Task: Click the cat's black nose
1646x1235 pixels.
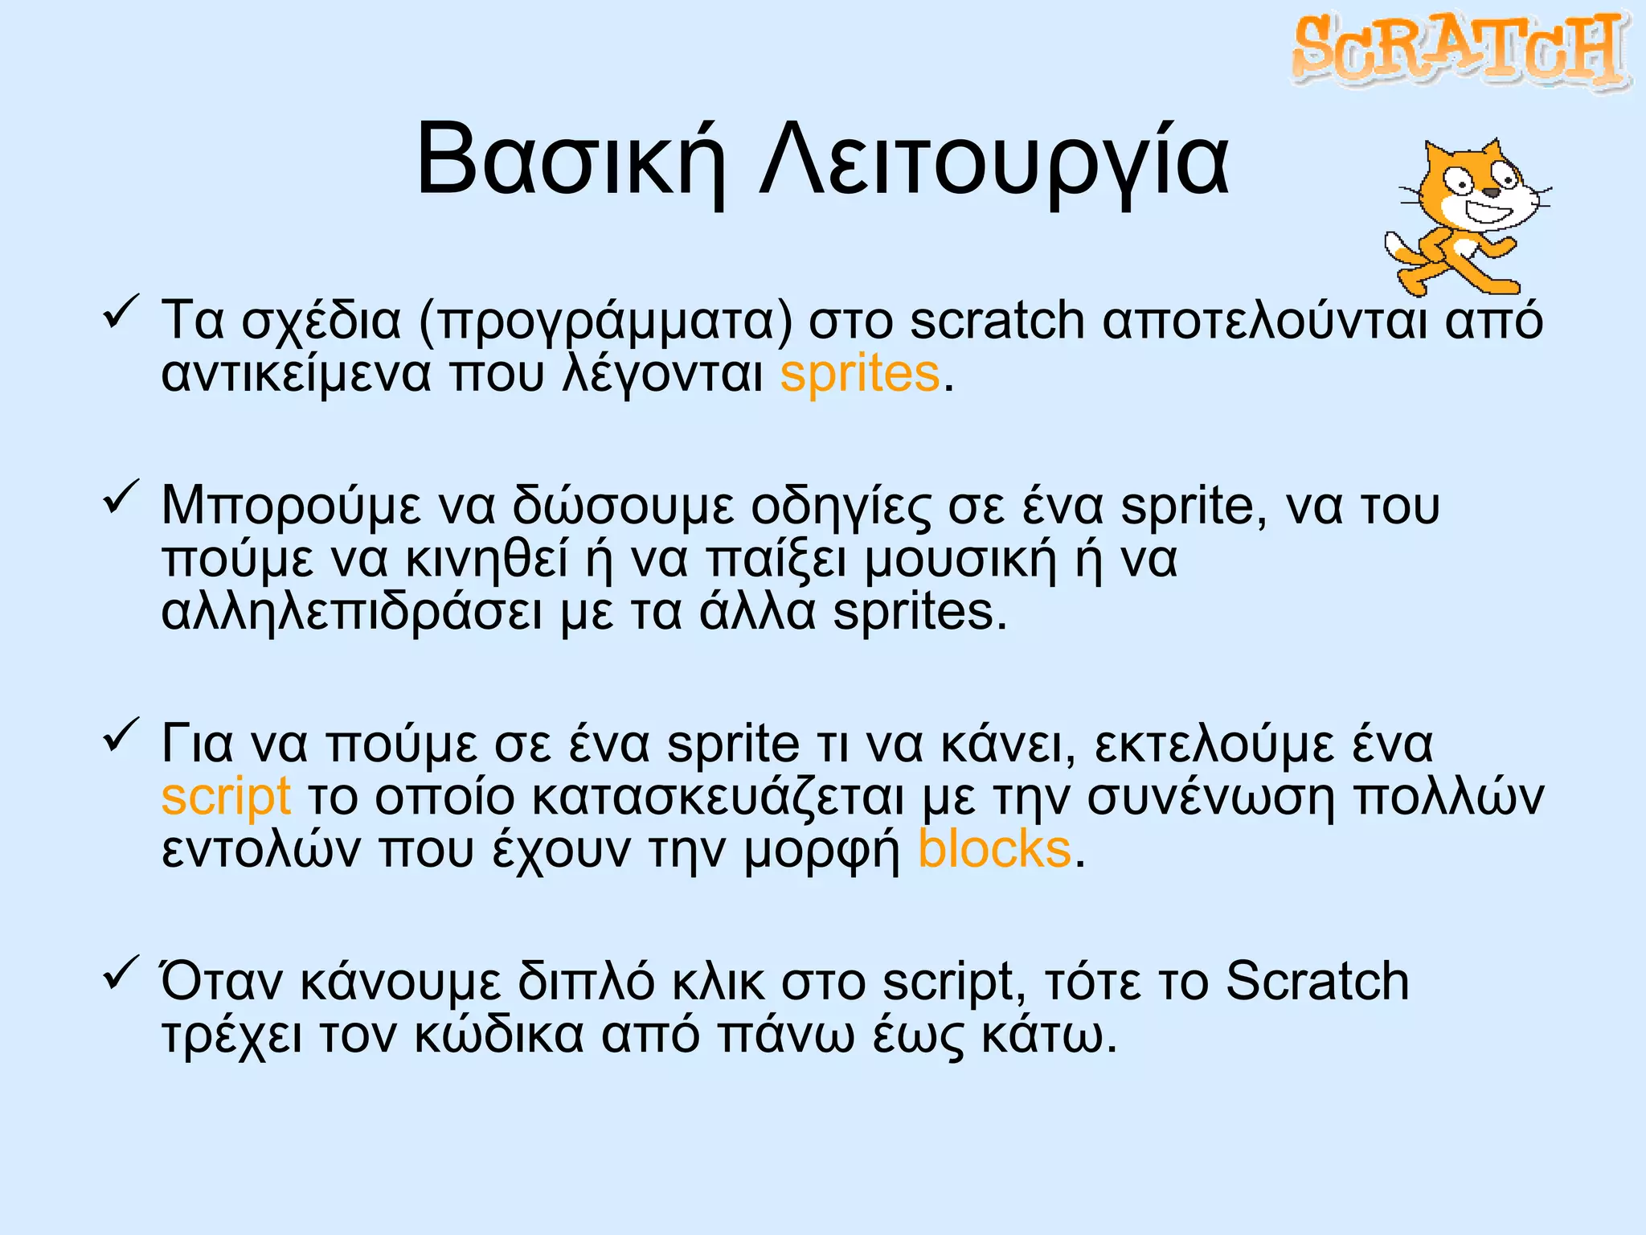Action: pos(1491,192)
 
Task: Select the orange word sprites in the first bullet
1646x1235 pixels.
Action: pos(859,375)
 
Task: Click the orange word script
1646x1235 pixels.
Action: pos(226,797)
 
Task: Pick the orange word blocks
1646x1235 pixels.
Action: pos(994,850)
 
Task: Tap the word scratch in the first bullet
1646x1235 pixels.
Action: pos(997,320)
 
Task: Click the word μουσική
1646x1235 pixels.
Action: pos(960,560)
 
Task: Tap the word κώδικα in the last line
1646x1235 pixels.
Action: pos(499,1035)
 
